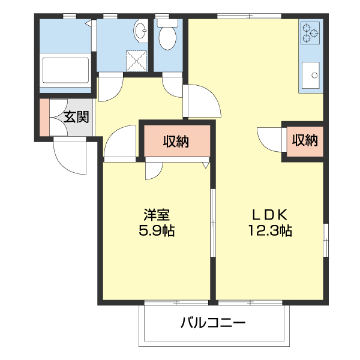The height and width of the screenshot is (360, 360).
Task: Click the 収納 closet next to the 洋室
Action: (176, 142)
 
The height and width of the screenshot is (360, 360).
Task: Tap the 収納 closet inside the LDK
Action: (304, 141)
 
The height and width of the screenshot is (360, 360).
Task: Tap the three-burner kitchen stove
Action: (310, 33)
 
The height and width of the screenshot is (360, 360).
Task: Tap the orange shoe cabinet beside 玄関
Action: (44, 117)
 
